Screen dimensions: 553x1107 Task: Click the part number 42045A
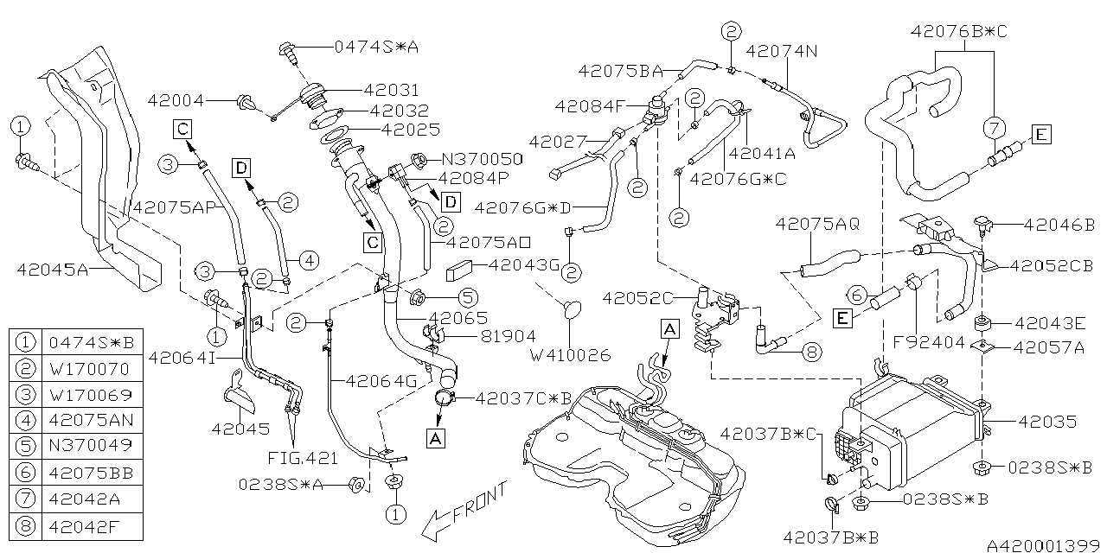click(x=53, y=269)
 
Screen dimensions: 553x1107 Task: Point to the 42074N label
click(x=781, y=51)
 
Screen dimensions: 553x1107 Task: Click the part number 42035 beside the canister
click(x=1047, y=422)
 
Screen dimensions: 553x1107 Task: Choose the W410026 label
click(x=571, y=355)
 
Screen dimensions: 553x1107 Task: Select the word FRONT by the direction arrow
click(x=476, y=503)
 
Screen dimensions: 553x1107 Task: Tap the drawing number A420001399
click(x=1044, y=545)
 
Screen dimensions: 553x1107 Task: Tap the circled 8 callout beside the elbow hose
click(x=810, y=353)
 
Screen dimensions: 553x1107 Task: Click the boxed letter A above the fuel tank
click(x=669, y=328)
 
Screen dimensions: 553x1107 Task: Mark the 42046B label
click(x=1059, y=225)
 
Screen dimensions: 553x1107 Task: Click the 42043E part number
click(x=1050, y=324)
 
